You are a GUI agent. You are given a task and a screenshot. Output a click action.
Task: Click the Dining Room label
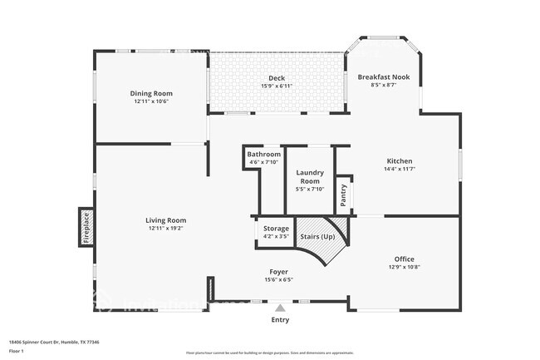tap(150, 93)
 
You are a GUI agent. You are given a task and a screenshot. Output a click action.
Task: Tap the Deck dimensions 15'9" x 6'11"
tap(277, 86)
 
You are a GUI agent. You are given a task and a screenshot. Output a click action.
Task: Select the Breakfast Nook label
tap(383, 76)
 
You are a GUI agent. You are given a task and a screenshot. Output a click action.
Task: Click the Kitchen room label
tap(400, 160)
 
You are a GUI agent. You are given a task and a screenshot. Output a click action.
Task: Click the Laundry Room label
tap(310, 176)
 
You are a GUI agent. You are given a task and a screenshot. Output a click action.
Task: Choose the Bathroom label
tap(264, 154)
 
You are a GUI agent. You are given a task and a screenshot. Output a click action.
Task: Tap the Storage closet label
tap(276, 228)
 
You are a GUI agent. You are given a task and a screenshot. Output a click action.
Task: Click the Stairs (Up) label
tap(317, 237)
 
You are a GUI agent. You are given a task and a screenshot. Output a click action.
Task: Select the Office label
tap(405, 259)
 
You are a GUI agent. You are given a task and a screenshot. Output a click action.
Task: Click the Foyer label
tap(278, 272)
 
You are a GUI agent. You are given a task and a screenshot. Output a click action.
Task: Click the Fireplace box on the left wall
tap(85, 227)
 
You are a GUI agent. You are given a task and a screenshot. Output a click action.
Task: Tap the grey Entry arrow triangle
tap(280, 308)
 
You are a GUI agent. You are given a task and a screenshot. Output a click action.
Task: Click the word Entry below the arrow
tap(281, 319)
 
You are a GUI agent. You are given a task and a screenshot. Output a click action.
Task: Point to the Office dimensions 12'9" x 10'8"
tap(405, 267)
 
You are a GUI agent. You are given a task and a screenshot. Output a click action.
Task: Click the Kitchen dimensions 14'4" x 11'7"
tap(400, 169)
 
